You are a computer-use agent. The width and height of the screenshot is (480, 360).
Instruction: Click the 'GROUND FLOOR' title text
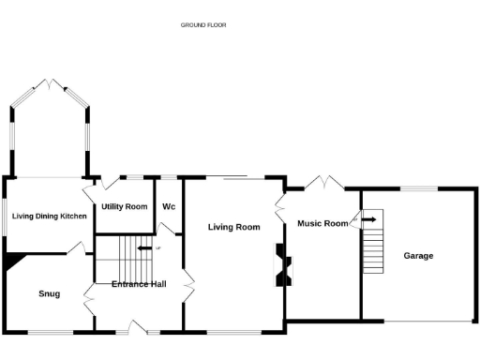click(203, 24)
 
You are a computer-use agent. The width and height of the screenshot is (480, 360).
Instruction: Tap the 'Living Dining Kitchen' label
click(50, 216)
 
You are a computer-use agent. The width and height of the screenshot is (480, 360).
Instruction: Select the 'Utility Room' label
click(125, 206)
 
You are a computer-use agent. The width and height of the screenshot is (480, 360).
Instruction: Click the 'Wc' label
click(169, 206)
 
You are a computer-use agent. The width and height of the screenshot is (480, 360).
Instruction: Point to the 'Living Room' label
click(233, 227)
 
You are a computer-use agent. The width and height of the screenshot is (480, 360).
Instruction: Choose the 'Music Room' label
click(322, 223)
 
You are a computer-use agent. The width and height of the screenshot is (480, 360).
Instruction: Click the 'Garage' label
click(418, 255)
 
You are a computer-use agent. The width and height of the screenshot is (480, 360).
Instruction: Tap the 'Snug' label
click(50, 293)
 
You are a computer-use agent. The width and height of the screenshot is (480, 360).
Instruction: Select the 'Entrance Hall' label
click(139, 283)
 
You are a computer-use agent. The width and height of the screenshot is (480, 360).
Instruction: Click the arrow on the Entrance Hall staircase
click(144, 248)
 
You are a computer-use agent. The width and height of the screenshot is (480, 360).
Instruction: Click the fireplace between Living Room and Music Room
click(280, 265)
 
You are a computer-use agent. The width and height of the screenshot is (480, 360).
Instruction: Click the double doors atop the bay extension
click(51, 85)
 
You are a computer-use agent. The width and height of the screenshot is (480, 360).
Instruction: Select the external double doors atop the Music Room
click(324, 182)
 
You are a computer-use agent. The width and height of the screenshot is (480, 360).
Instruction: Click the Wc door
click(168, 229)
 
